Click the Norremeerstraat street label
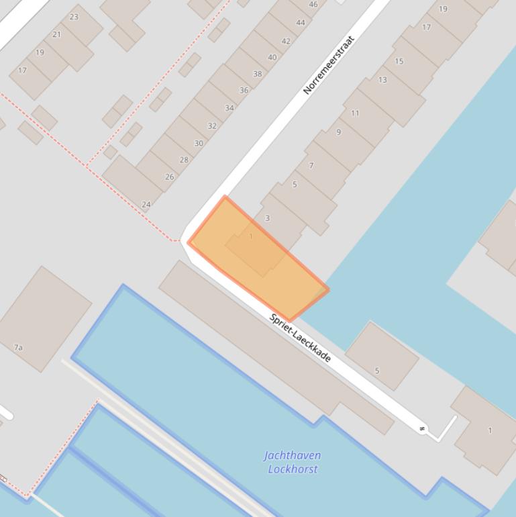[328, 65]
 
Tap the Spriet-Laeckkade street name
[300, 338]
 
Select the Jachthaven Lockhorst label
[292, 462]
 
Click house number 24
[146, 204]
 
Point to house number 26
[169, 177]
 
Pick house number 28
[184, 160]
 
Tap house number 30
[199, 143]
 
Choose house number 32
[212, 126]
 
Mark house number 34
[229, 107]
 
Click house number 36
[244, 90]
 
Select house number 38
[258, 74]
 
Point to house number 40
[272, 57]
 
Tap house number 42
[286, 41]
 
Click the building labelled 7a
[18, 347]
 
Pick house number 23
[74, 17]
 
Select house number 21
[56, 34]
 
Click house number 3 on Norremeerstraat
[267, 218]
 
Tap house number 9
[338, 132]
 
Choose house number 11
[355, 113]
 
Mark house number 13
[382, 79]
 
